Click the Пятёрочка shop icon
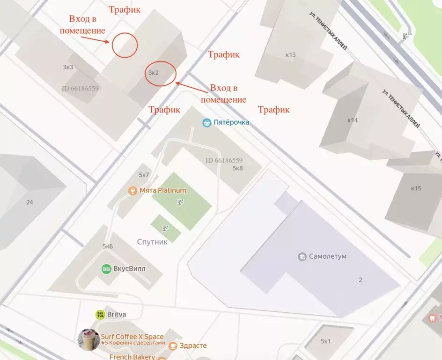pyautogui.click(x=207, y=123)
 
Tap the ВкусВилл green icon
pyautogui.click(x=106, y=269)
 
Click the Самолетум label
pyautogui.click(x=328, y=256)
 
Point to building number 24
pyautogui.click(x=30, y=202)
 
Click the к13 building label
pyautogui.click(x=290, y=55)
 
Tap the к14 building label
pyautogui.click(x=352, y=120)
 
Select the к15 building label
pyautogui.click(x=416, y=188)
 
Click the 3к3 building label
pyautogui.click(x=68, y=67)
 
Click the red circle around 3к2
pyautogui.click(x=161, y=74)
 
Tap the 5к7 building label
pyautogui.click(x=144, y=175)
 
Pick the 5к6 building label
pyautogui.click(x=108, y=246)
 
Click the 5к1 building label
pyautogui.click(x=325, y=341)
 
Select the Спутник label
pyautogui.click(x=152, y=242)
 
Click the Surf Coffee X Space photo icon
pyautogui.click(x=88, y=339)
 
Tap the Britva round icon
pyautogui.click(x=100, y=315)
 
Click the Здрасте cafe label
pyautogui.click(x=193, y=346)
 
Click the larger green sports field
pyautogui.click(x=182, y=201)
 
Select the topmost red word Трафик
pyautogui.click(x=124, y=9)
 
